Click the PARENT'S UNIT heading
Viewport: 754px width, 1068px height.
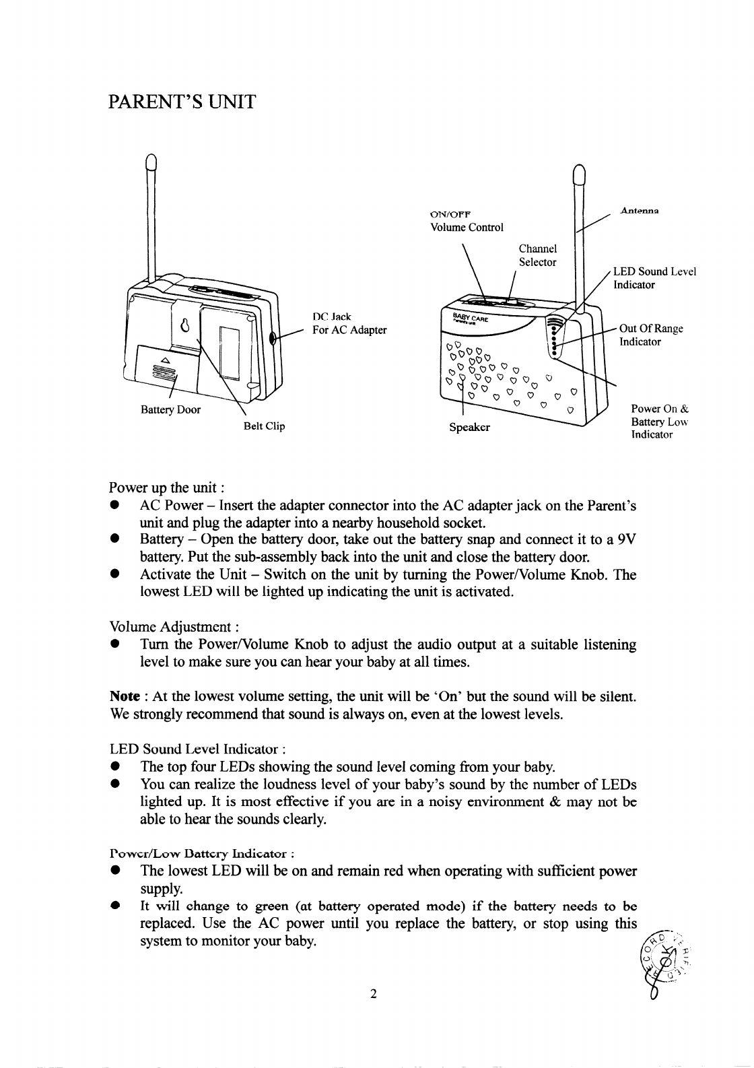tap(182, 102)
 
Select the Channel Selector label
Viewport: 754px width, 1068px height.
tap(537, 256)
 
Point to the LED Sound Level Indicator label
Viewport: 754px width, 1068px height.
tap(654, 278)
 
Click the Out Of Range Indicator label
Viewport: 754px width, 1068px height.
tap(650, 335)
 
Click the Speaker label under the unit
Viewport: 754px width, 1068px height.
tap(469, 427)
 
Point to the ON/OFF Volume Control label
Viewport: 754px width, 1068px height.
tap(467, 221)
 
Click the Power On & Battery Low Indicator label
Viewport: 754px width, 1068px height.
tap(659, 422)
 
